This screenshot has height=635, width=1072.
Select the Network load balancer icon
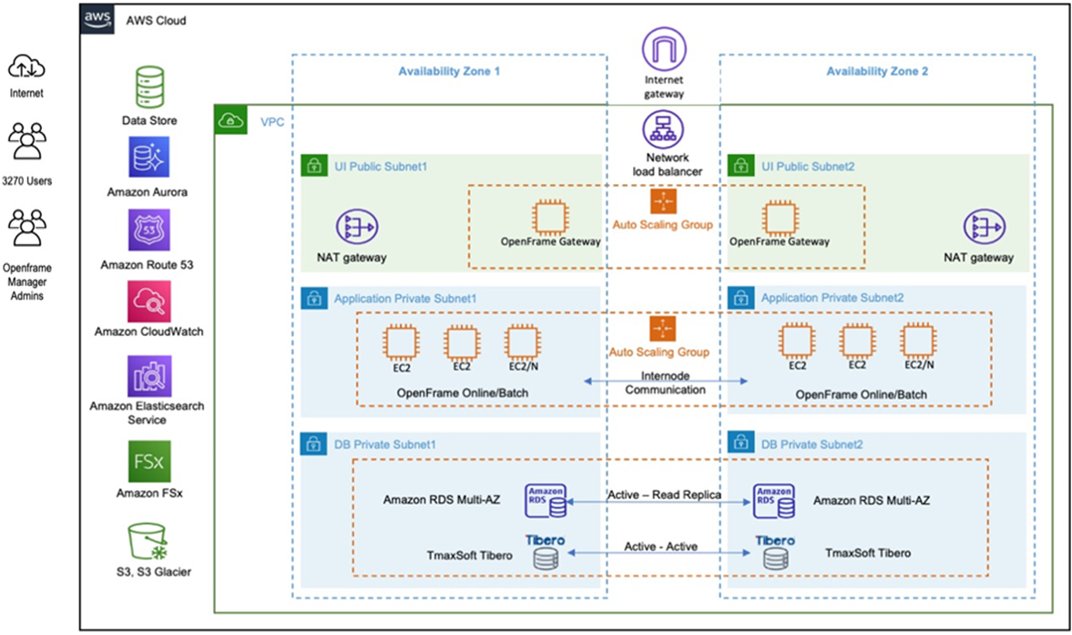[x=663, y=129]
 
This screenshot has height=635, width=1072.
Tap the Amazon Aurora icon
[x=148, y=158]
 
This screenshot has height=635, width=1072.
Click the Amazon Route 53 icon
[x=148, y=230]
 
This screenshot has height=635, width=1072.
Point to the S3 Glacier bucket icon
[x=148, y=540]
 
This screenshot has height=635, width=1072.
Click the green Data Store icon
[x=148, y=87]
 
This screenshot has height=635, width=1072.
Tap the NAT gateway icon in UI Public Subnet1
[x=355, y=228]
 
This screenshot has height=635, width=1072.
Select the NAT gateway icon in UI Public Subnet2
[x=985, y=228]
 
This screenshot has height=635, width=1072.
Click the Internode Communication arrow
[x=666, y=380]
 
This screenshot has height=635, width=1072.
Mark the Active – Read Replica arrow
[x=663, y=502]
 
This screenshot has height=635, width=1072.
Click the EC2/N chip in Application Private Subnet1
[x=522, y=343]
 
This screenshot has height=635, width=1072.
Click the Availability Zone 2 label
[x=877, y=71]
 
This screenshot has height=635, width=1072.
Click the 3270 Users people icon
[x=26, y=142]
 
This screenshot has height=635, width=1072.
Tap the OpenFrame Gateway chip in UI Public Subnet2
[x=779, y=218]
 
